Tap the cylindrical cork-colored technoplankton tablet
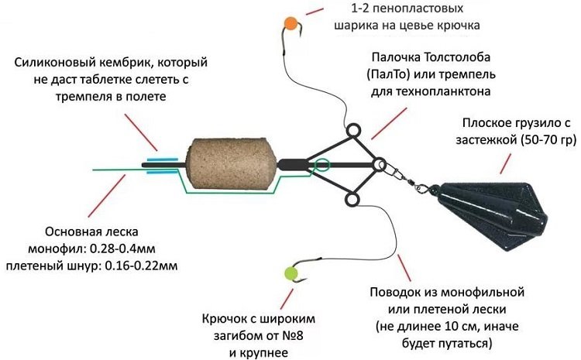(218, 165)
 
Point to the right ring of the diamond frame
(379, 165)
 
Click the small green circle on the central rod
(321, 164)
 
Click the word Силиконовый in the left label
(57, 61)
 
